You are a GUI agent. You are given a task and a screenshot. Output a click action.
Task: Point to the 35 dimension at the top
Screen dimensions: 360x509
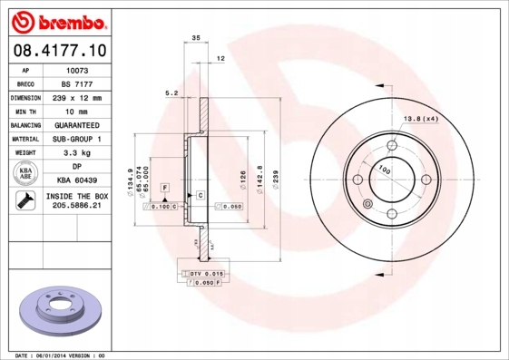pos(195,38)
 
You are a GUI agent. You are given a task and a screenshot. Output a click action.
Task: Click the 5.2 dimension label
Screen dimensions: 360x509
pos(170,92)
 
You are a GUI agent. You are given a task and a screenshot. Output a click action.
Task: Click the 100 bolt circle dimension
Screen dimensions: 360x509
pos(384,170)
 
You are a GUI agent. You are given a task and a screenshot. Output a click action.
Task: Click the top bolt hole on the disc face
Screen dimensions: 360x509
pos(392,144)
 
